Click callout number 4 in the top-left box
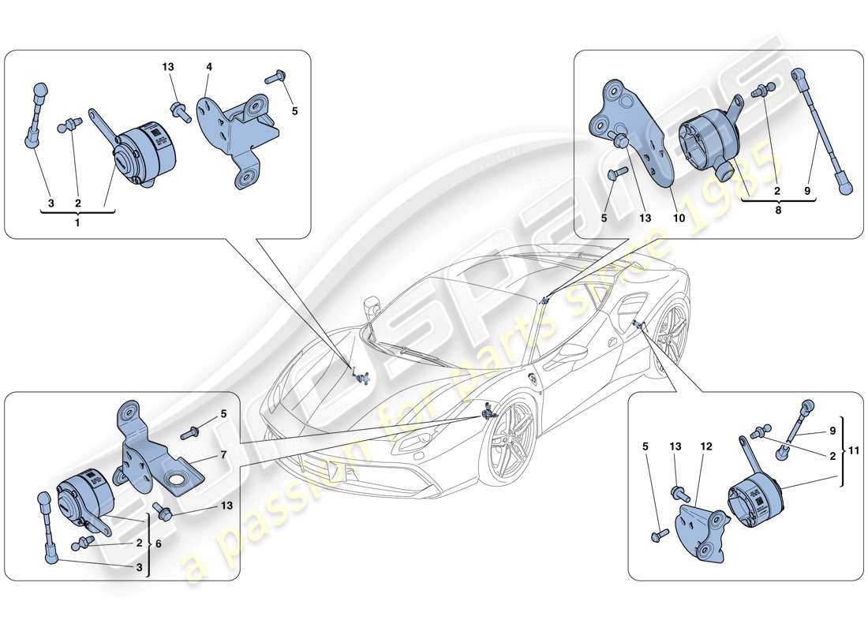click(209, 68)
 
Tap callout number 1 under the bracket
click(78, 222)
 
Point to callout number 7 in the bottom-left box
click(223, 456)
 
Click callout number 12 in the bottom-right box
click(706, 446)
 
